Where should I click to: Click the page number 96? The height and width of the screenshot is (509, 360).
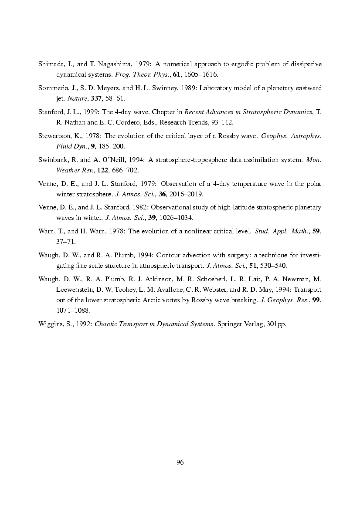coord(180,462)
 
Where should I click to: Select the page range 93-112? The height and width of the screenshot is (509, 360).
coord(223,122)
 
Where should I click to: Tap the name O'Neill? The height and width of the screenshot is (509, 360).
coord(116,160)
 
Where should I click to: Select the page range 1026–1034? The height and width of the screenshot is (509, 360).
coord(178,217)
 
